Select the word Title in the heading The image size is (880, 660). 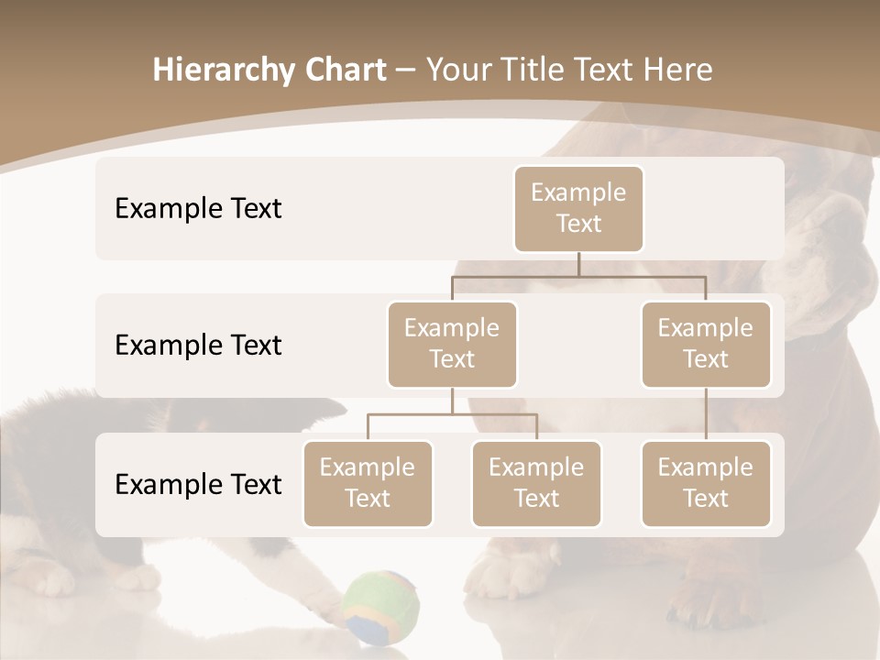click(533, 71)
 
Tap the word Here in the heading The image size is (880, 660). click(676, 71)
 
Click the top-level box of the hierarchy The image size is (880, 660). click(578, 209)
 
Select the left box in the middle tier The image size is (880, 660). click(452, 345)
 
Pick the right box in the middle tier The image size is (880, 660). click(706, 345)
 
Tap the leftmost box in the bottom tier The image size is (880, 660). click(368, 484)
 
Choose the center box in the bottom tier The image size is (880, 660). click(536, 484)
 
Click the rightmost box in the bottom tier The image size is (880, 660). click(706, 484)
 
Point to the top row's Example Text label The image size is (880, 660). click(198, 209)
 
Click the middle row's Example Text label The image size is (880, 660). click(198, 346)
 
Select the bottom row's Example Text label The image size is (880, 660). click(198, 485)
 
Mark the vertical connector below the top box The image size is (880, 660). click(578, 264)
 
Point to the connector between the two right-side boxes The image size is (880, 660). click(706, 414)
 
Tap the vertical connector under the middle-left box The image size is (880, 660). click(452, 401)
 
